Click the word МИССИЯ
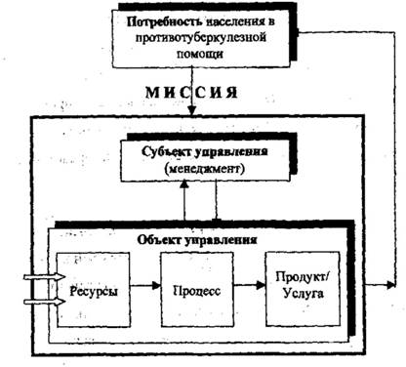(191, 93)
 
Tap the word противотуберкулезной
(201, 37)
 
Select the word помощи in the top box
(201, 53)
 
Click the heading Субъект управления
(205, 152)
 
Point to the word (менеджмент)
(204, 169)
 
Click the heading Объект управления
(197, 240)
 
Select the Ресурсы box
(94, 290)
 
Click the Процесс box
(197, 290)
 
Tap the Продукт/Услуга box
(303, 289)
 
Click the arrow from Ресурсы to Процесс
(145, 286)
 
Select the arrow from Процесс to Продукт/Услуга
(250, 285)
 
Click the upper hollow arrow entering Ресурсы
(45, 277)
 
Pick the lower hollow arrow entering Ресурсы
(45, 302)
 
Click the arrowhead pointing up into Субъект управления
(184, 184)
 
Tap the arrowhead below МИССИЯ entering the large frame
(192, 110)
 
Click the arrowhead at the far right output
(391, 285)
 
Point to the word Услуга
(304, 294)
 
